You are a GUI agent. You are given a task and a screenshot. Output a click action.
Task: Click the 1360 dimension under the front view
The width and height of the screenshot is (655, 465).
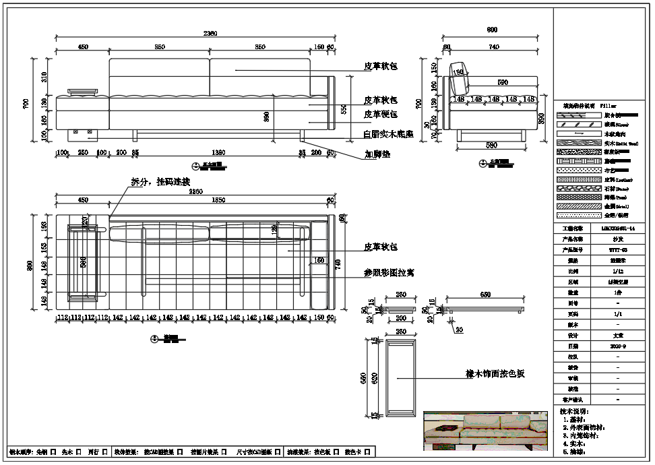218,152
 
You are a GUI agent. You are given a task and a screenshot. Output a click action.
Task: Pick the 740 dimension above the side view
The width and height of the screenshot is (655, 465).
494,46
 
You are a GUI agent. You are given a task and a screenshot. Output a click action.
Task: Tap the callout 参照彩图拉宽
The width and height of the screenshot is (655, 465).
389,274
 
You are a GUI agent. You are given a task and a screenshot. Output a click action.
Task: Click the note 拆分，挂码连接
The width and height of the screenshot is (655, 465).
160,182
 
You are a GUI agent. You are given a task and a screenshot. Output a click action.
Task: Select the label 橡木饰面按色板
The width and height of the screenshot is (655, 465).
495,373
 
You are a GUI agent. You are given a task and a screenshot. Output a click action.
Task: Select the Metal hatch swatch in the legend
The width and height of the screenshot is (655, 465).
578,206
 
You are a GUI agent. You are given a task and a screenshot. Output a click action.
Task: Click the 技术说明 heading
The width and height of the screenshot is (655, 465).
573,410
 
